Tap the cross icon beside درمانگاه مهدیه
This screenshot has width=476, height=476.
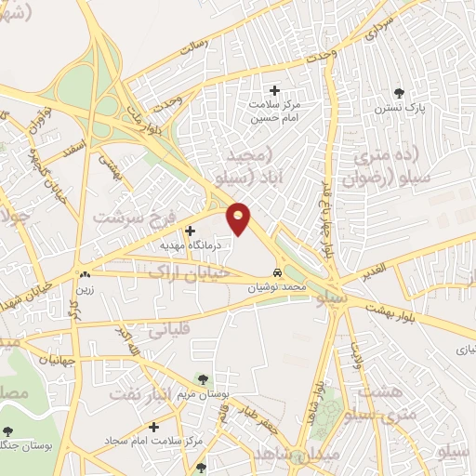(191, 231)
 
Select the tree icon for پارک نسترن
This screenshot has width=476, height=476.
(400, 92)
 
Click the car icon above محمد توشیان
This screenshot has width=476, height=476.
(278, 274)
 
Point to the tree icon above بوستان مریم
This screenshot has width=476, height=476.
(203, 378)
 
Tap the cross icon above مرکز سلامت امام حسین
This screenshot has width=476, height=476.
(274, 90)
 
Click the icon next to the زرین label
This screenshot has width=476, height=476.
(86, 274)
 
